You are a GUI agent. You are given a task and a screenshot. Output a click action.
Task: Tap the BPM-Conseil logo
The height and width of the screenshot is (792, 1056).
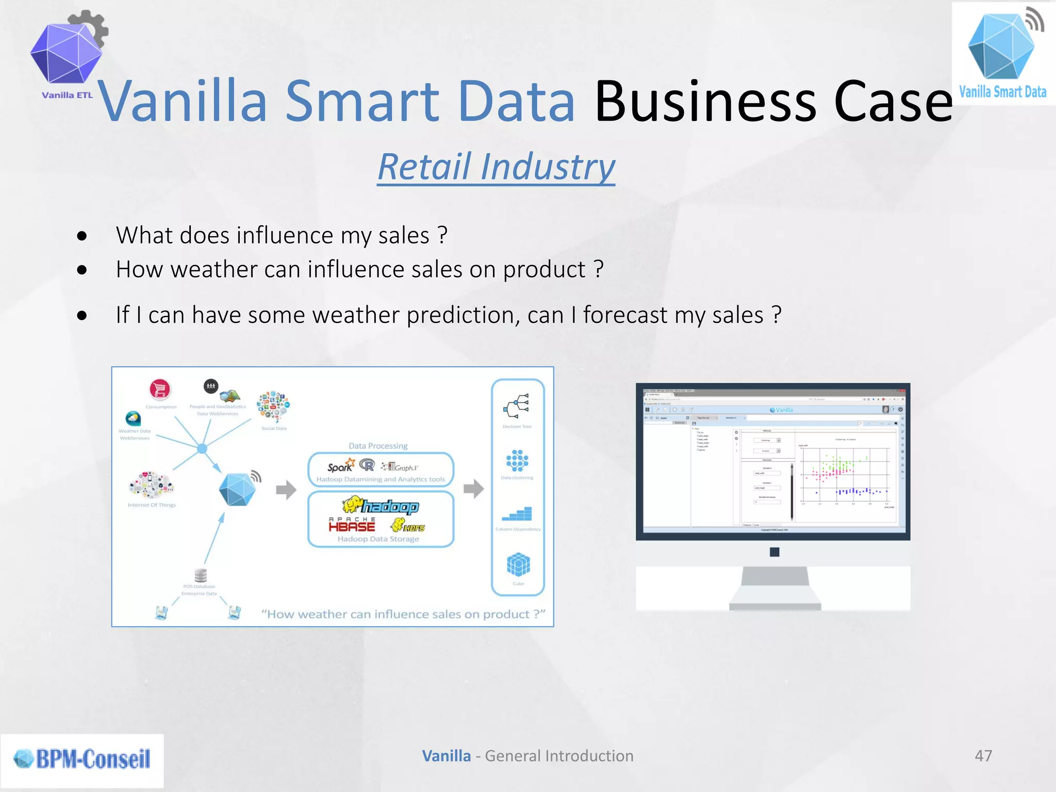tap(82, 759)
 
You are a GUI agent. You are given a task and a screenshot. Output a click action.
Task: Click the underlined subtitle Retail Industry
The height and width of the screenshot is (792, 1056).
tap(496, 167)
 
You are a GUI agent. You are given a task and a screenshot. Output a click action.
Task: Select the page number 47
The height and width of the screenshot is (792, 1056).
tap(983, 756)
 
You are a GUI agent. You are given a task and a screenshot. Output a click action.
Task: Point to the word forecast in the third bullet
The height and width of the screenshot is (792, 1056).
tap(625, 315)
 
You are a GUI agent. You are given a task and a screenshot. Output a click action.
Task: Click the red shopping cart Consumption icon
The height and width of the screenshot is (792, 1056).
tap(160, 389)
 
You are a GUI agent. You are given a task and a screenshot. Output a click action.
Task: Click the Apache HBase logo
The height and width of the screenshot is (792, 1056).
tap(352, 525)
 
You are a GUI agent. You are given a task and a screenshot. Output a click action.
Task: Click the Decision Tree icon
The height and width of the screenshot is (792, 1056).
tap(517, 406)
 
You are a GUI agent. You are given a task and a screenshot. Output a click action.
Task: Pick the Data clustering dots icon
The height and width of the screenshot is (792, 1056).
tap(517, 460)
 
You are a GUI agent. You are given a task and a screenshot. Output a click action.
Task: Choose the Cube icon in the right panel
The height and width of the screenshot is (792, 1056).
tap(518, 565)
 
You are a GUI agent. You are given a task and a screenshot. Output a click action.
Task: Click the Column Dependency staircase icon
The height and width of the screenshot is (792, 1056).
tap(517, 514)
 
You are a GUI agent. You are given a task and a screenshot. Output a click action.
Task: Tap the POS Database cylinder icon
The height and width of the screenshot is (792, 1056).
tap(201, 575)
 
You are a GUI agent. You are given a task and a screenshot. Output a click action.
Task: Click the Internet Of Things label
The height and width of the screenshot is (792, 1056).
tap(152, 505)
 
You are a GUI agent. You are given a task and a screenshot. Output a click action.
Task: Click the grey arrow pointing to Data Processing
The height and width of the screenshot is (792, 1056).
tap(286, 489)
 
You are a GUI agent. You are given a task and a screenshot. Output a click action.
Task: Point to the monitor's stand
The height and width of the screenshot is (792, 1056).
tap(774, 588)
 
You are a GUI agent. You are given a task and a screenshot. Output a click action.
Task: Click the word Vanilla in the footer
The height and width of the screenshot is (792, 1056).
tap(446, 756)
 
